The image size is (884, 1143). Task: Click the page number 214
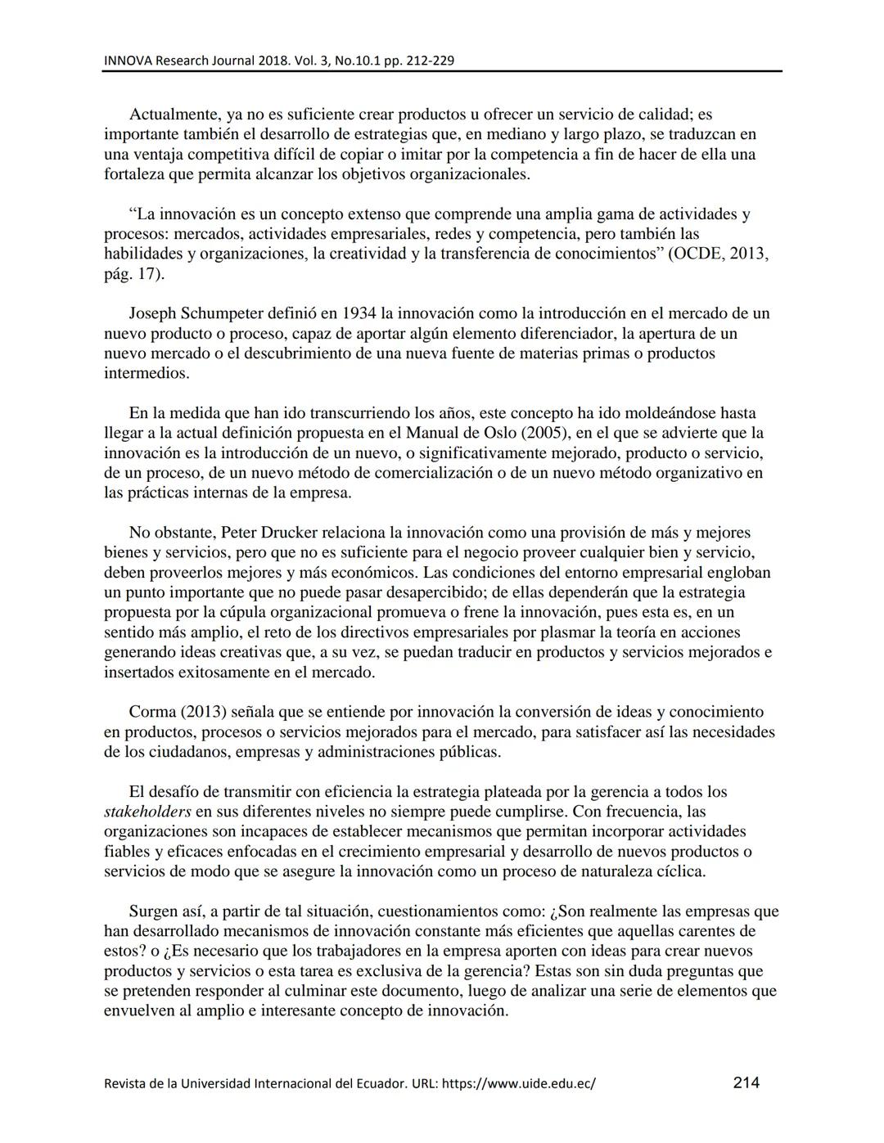746,1082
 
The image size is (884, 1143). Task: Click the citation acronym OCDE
697,254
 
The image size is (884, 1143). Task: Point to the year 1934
359,313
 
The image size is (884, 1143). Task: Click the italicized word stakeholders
147,812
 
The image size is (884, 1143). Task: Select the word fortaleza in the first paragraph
135,174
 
